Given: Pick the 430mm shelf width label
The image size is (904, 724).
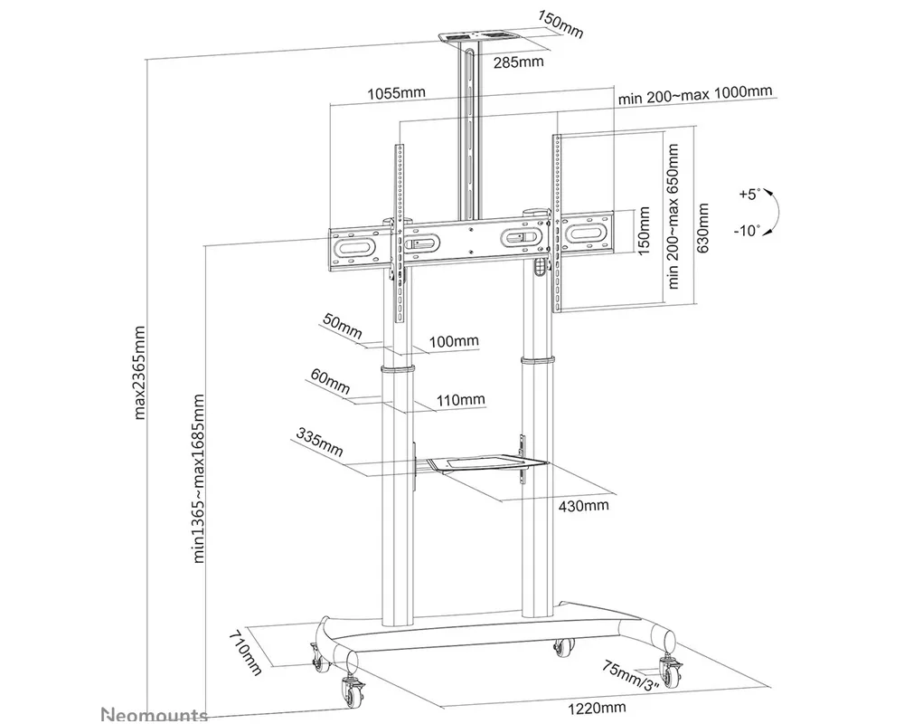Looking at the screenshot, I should point(583,504).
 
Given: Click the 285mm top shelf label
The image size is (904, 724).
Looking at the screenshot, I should point(518,62).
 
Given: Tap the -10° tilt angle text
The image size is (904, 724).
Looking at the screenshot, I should point(748,230).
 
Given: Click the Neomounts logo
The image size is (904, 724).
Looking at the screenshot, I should point(153,714).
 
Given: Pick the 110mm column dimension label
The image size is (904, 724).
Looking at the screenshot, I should point(460,399).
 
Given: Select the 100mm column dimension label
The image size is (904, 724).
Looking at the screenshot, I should point(454,341).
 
